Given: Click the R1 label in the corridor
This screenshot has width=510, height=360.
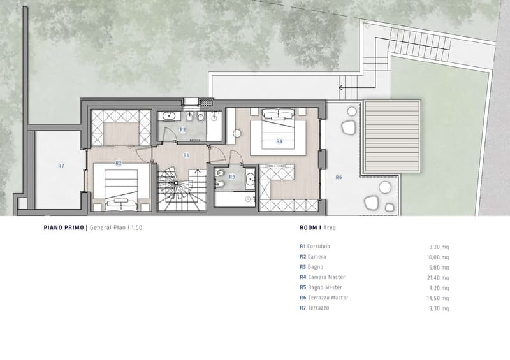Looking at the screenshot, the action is [x=186, y=155].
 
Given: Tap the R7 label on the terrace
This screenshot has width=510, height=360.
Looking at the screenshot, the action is [x=61, y=166].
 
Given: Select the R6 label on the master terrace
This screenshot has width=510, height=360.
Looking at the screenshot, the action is [x=339, y=177].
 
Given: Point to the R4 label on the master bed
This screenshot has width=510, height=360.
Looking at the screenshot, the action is [x=279, y=141].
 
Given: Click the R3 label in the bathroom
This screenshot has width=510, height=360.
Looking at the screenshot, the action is [x=183, y=130].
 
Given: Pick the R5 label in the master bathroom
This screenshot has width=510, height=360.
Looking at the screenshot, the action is [x=232, y=177].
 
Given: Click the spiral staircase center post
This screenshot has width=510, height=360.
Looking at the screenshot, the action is [x=176, y=183].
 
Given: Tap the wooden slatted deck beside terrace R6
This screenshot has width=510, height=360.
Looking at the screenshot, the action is [x=392, y=136].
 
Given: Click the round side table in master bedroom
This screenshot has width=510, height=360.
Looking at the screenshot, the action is [x=237, y=133].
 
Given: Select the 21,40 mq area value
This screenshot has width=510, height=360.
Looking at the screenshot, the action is [x=438, y=278].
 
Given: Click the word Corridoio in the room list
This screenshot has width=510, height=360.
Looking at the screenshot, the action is [x=318, y=247].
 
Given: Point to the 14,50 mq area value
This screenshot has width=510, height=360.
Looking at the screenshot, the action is [x=438, y=298].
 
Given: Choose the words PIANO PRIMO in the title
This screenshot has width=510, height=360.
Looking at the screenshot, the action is [x=64, y=227].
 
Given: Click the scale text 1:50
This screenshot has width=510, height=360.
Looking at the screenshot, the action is [x=136, y=227].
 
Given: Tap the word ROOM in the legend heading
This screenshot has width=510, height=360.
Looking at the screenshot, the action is [x=309, y=227].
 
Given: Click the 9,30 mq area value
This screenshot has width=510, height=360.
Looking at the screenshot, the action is [x=439, y=308].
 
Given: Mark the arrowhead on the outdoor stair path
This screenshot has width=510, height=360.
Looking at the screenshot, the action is [x=340, y=87].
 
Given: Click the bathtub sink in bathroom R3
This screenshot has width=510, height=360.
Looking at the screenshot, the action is [x=169, y=116].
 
